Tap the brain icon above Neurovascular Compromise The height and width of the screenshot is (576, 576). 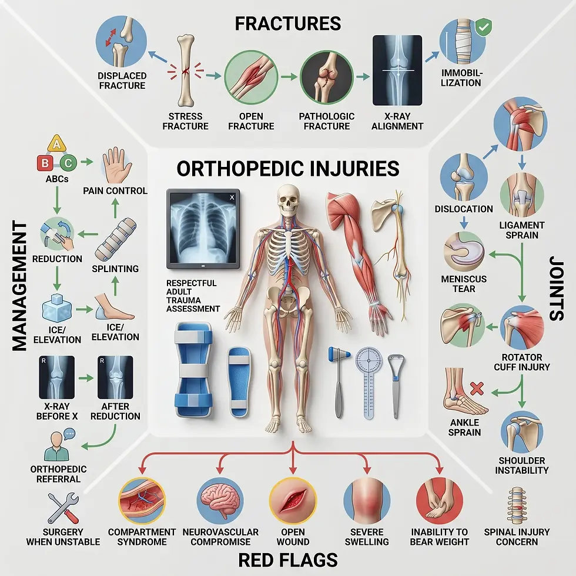click(220, 500)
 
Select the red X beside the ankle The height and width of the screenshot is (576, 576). click(477, 389)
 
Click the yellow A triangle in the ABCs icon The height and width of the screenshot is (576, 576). click(56, 143)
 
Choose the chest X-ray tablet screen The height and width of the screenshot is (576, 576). click(203, 229)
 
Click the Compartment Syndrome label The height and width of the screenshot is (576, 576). click(142, 537)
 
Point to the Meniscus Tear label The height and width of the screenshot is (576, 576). click(464, 284)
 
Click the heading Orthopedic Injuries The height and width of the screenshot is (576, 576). click(288, 169)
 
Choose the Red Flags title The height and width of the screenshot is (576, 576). click(288, 560)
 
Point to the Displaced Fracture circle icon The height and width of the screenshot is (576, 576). click(121, 41)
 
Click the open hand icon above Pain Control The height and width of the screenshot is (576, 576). click(117, 166)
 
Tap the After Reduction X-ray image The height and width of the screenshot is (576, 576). click(115, 377)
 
